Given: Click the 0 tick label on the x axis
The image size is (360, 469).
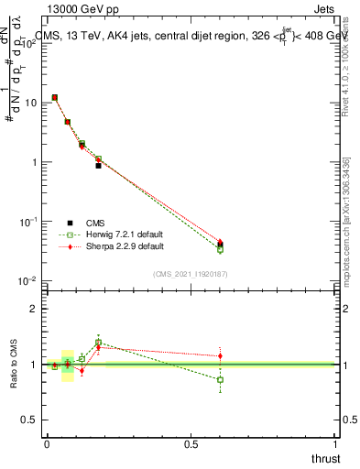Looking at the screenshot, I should tap(47, 443).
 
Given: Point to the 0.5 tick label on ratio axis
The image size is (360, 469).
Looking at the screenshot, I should tap(28, 420).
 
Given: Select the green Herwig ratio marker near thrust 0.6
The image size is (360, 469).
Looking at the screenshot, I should tap(220, 379).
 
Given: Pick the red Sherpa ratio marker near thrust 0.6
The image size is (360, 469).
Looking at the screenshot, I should tap(220, 356).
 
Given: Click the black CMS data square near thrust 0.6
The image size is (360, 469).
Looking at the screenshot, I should tap(220, 245).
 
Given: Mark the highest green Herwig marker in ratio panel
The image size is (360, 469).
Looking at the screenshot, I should tap(98, 343).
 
